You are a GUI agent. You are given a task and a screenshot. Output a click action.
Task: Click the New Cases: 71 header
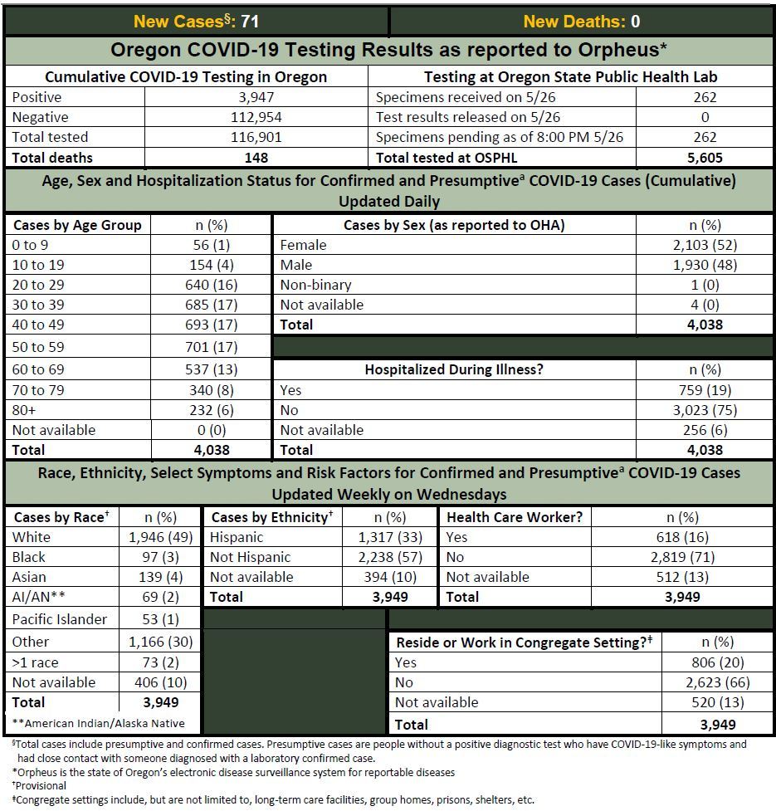197,22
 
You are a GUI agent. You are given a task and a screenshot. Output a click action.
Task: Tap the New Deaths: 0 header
581,22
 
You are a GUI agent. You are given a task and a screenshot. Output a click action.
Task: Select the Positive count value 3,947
256,97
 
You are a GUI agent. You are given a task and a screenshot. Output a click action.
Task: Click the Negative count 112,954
256,117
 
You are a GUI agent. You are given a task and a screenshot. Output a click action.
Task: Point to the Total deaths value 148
256,157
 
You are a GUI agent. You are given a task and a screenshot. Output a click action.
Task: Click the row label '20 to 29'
38,285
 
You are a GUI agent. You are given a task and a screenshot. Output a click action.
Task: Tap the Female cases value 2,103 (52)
705,245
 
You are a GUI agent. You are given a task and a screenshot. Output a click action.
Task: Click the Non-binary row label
315,285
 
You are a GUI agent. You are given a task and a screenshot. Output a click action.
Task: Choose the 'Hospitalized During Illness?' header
454,369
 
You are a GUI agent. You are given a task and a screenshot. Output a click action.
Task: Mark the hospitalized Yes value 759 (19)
705,390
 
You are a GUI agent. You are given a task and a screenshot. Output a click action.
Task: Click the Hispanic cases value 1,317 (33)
391,537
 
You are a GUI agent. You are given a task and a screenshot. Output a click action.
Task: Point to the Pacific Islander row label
60,619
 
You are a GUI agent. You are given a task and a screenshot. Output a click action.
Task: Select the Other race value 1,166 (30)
160,642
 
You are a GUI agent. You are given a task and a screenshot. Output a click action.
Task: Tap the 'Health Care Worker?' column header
515,516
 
